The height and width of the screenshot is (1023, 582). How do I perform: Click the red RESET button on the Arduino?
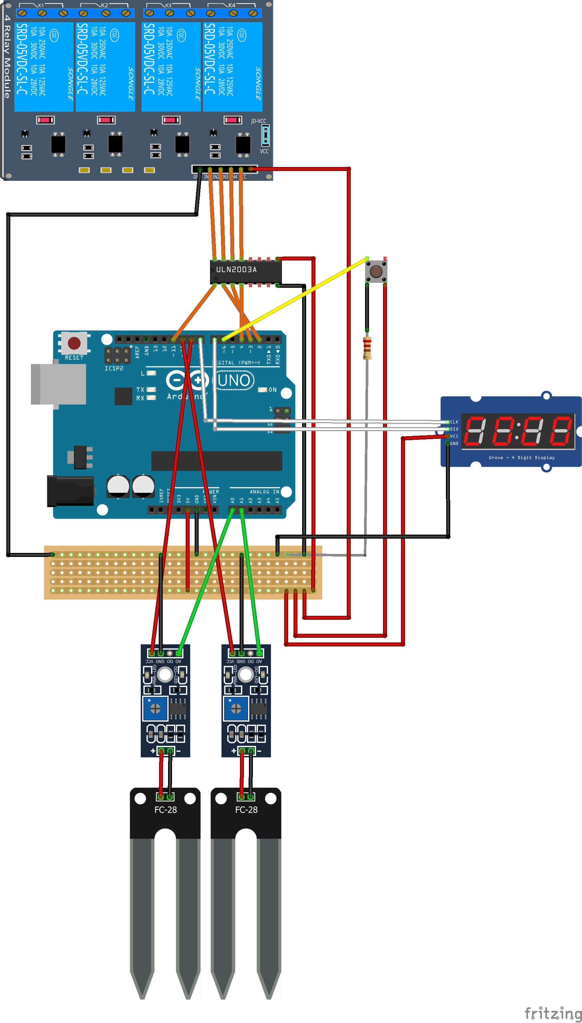click(x=74, y=343)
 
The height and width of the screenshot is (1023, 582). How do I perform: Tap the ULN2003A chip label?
click(x=236, y=270)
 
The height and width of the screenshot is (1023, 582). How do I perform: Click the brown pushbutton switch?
click(x=376, y=271)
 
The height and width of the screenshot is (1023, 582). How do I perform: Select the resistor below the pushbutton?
click(x=367, y=348)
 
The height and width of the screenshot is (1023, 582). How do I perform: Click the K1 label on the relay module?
click(x=41, y=5)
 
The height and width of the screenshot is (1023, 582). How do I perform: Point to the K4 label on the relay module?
click(x=232, y=5)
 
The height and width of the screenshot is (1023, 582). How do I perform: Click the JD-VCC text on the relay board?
click(x=258, y=121)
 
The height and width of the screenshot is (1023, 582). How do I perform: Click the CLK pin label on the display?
click(x=455, y=422)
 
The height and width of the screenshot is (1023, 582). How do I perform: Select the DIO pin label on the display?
click(x=455, y=429)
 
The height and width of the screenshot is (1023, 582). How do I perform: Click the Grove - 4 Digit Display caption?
click(x=522, y=457)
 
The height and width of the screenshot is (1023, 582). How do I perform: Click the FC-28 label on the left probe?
click(x=165, y=810)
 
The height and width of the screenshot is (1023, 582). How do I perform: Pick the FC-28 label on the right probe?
click(x=246, y=810)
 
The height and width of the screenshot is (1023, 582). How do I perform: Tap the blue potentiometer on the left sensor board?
click(x=155, y=709)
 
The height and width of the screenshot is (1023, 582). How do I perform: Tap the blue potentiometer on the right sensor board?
click(x=236, y=709)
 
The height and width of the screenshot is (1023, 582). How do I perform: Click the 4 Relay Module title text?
click(x=7, y=56)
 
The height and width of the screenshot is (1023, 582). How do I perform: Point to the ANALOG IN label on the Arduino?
click(x=264, y=491)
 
